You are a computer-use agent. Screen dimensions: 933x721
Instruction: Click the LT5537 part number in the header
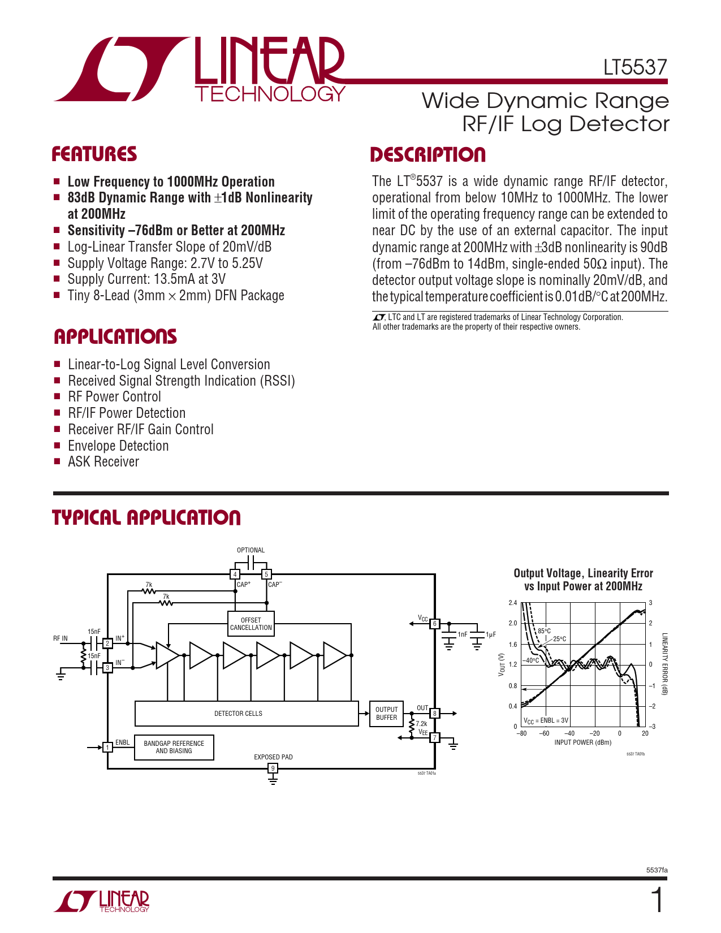[635, 67]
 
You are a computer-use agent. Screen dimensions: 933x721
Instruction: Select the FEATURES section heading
[94, 154]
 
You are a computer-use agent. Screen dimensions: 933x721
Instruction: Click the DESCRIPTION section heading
[428, 155]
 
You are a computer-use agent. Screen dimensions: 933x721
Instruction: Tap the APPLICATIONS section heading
[115, 336]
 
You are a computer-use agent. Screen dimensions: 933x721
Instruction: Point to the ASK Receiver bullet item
[103, 462]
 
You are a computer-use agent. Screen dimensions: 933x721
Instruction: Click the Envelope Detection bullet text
[118, 446]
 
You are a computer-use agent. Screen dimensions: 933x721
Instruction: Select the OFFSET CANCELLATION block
[251, 624]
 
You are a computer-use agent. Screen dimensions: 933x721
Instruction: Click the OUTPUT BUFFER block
[387, 714]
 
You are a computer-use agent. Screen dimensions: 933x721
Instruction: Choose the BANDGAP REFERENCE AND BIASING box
[174, 747]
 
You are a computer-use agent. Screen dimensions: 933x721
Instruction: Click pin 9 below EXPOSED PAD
[273, 768]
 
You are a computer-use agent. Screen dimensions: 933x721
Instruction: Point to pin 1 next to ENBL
[107, 748]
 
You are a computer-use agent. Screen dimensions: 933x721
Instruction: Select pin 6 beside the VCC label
[435, 624]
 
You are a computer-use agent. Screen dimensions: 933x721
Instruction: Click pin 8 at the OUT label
[435, 714]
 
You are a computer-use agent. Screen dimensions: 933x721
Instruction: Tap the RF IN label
[61, 638]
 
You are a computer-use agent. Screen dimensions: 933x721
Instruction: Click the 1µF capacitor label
[490, 634]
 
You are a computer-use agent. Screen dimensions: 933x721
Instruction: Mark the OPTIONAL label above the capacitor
[251, 550]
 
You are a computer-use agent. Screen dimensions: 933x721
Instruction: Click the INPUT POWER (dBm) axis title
[582, 742]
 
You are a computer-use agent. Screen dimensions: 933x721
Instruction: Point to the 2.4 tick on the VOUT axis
[512, 603]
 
